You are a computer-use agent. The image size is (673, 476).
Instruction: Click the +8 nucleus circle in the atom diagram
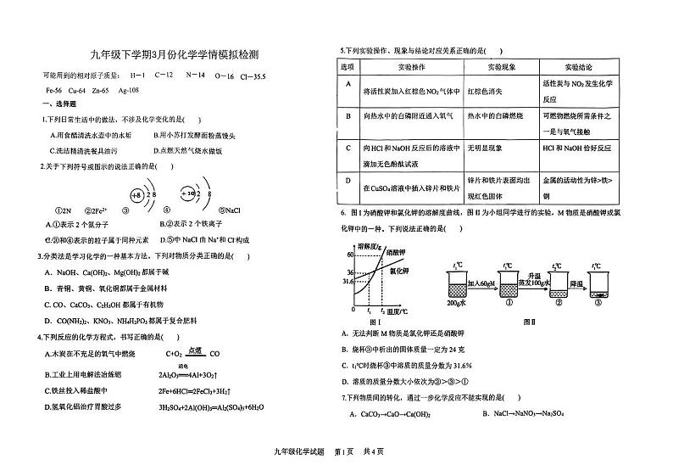coord(136,195)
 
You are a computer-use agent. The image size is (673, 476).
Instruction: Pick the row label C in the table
coord(348,147)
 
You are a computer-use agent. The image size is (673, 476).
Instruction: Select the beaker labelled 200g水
coord(458,287)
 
